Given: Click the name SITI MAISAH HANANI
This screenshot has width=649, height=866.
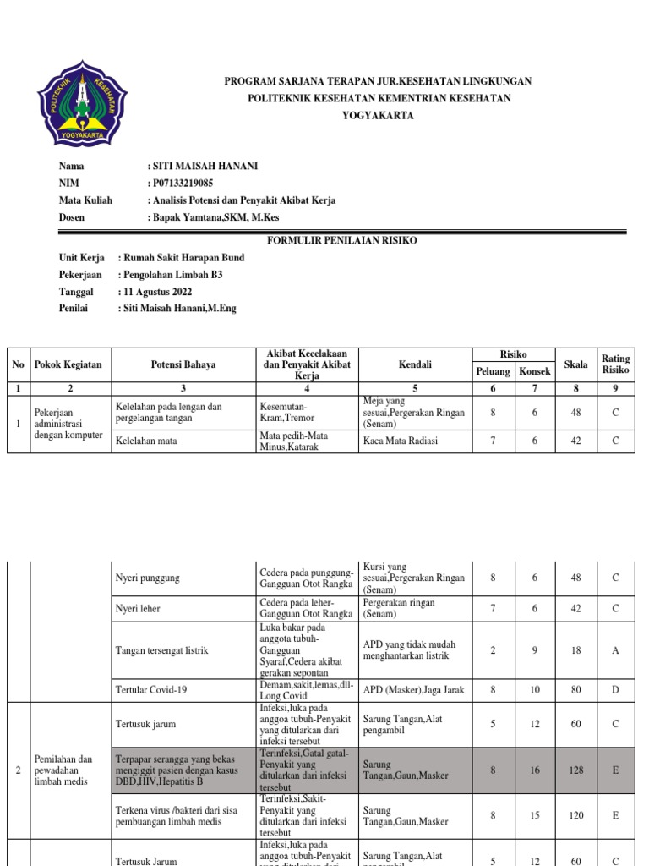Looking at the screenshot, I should [x=204, y=166].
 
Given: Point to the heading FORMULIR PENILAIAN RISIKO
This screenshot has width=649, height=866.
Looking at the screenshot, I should [x=342, y=241].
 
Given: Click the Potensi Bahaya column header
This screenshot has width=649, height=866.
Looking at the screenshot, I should [x=183, y=364].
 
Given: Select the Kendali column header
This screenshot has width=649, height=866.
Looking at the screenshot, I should [x=415, y=364].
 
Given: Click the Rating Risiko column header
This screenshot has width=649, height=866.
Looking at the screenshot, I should [x=615, y=364].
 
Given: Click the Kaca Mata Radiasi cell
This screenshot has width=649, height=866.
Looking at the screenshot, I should [x=401, y=441].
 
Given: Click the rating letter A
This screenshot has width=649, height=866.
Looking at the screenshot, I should [x=615, y=649].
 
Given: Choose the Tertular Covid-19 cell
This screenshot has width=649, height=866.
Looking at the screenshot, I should [x=151, y=689].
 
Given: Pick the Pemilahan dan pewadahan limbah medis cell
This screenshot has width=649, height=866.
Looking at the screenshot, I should [x=63, y=770].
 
